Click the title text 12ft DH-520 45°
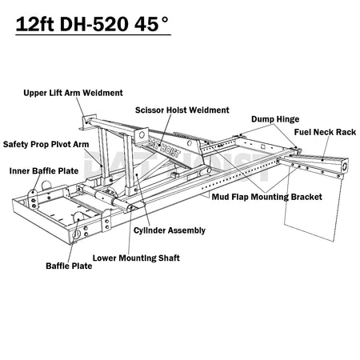pos(92,24)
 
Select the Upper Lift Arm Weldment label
pos(73,93)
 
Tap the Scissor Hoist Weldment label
pos(182,110)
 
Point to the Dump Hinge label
pos(275,119)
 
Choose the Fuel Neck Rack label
pos(325,132)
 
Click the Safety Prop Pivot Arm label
pos(46,144)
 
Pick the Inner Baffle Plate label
pos(44,171)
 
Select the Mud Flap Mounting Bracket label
pos(267,197)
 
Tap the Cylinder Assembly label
pos(170,230)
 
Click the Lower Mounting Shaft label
pos(136,258)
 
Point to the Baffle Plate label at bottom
pos(69,266)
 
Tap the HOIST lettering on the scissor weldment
pos(170,151)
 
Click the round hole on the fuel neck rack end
pos(345,166)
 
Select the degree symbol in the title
pos(165,20)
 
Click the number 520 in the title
pos(110,24)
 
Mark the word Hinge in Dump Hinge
pos(287,119)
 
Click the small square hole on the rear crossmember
pos(263,146)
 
